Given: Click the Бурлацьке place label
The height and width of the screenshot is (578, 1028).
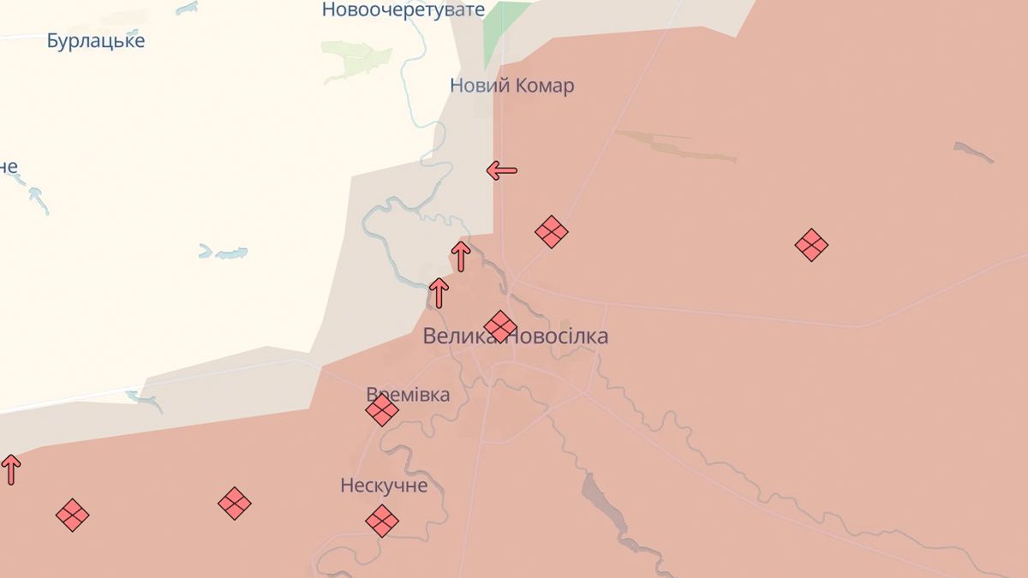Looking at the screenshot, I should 96,40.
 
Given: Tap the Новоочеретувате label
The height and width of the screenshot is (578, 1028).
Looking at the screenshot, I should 403,10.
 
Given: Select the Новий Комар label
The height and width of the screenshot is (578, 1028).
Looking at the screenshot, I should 511,86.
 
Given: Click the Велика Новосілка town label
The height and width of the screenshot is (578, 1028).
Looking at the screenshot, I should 516,337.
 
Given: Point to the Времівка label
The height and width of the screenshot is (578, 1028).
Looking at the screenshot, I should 408,395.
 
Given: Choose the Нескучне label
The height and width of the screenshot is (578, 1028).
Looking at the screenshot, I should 383,486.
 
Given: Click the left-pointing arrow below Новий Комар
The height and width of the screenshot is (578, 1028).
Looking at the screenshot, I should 502,170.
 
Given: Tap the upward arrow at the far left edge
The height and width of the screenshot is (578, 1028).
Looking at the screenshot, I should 10,469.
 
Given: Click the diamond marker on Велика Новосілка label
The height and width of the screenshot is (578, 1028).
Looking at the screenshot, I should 500,325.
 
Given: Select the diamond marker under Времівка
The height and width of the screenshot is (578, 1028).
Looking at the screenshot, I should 382,410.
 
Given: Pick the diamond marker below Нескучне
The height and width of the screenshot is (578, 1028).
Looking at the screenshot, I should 382,520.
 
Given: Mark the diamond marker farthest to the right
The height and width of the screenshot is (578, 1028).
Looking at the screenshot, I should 810,246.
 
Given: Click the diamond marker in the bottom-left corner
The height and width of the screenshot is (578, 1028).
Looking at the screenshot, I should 72,515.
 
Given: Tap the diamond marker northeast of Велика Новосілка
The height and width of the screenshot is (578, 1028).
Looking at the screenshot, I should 552,231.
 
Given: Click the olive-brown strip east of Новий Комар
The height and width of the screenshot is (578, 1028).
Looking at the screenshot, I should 677,146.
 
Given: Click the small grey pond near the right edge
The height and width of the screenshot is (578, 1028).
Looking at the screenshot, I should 973,152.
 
